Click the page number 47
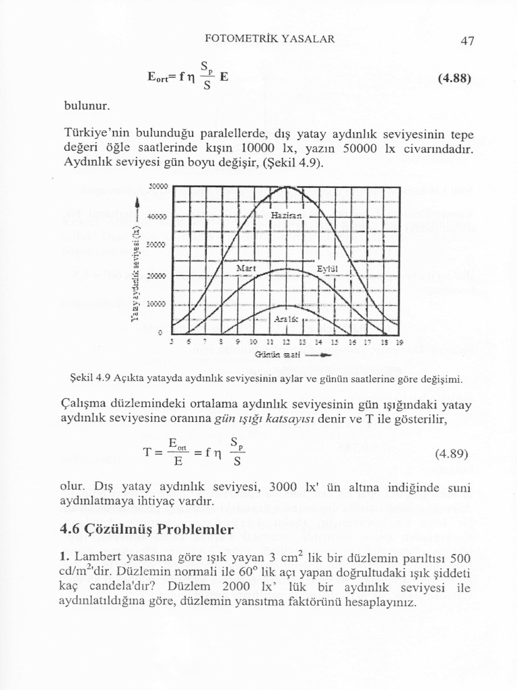click(468, 40)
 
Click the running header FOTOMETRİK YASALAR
click(269, 38)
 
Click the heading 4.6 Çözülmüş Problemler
click(147, 529)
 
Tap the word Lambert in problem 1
click(95, 559)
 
